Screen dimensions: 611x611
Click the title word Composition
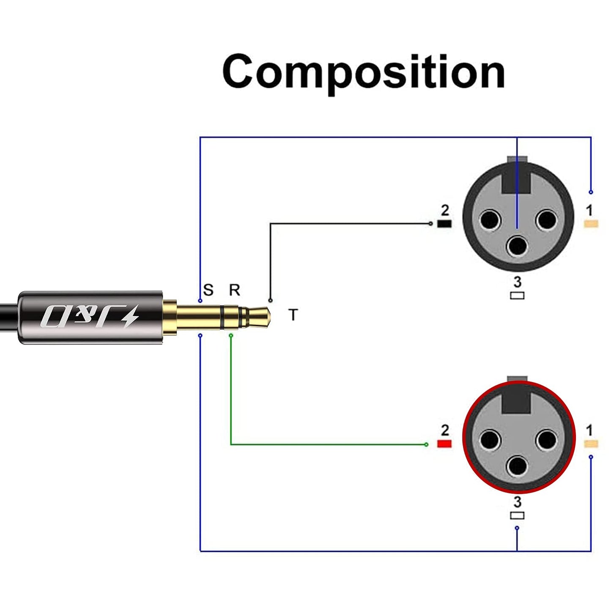coord(364,72)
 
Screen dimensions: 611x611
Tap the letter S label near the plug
coord(208,290)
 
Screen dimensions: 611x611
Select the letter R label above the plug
coord(234,290)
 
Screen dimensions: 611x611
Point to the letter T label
coord(293,315)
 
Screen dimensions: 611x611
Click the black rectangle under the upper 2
coord(444,224)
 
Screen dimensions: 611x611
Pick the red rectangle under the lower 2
coord(444,444)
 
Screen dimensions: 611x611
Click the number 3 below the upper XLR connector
coord(517,282)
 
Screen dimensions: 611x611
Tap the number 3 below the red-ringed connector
coord(517,502)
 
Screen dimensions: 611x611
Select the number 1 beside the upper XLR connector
coord(589,210)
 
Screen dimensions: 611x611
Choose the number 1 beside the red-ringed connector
coord(589,430)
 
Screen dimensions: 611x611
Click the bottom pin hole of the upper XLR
coord(517,246)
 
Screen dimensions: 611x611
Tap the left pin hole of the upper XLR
coord(490,220)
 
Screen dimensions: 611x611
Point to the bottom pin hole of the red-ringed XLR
coord(517,466)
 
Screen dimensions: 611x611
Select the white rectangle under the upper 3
coord(517,295)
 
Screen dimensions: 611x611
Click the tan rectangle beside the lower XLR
coord(591,444)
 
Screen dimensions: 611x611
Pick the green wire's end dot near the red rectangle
coord(426,444)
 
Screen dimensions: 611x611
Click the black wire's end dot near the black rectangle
coord(430,223)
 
